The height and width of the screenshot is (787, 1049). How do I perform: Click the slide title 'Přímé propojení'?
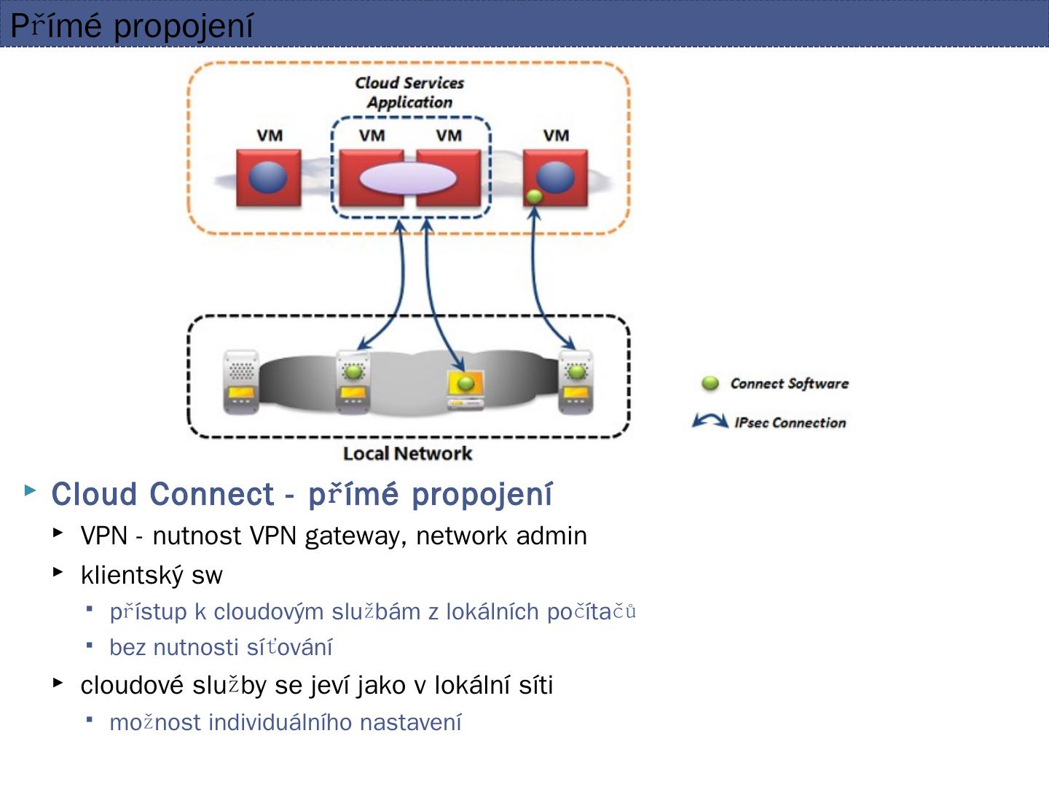[x=132, y=26]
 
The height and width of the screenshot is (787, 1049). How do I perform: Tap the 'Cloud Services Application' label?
[x=409, y=93]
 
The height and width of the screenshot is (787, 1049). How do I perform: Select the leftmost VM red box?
[x=268, y=178]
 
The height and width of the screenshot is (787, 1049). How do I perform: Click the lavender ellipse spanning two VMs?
[x=409, y=179]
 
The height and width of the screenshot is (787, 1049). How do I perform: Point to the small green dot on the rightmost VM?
[x=534, y=196]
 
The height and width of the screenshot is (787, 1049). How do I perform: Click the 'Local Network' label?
[x=407, y=453]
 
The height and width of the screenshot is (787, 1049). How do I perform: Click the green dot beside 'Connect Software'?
[x=710, y=383]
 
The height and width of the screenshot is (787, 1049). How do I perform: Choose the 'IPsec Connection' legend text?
[x=790, y=423]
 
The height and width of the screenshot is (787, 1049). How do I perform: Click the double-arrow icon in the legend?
[x=710, y=421]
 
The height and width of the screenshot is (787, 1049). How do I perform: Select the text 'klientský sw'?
[x=152, y=575]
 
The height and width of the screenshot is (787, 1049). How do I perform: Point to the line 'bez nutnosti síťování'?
[x=221, y=647]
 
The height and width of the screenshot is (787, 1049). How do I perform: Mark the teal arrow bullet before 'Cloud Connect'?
[x=31, y=490]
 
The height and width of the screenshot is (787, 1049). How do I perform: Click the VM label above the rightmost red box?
[x=556, y=136]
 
